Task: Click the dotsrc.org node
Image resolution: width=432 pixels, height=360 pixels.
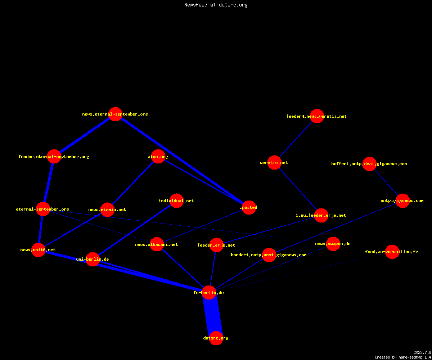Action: pyautogui.click(x=216, y=338)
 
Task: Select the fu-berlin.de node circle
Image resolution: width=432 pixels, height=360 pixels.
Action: pyautogui.click(x=209, y=293)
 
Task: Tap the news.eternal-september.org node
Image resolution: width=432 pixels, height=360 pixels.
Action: pyautogui.click(x=115, y=114)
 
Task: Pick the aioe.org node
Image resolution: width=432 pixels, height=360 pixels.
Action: pyautogui.click(x=158, y=156)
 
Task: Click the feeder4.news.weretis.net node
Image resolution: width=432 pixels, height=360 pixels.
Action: pyautogui.click(x=317, y=116)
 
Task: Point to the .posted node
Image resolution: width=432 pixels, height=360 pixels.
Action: pyautogui.click(x=249, y=207)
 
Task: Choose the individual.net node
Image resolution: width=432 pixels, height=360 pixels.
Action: pyautogui.click(x=176, y=201)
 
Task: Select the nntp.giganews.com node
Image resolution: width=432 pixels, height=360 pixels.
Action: pyautogui.click(x=402, y=201)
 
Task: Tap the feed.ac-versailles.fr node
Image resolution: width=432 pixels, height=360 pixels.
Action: pyautogui.click(x=392, y=252)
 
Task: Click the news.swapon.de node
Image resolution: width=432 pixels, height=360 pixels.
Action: pyautogui.click(x=333, y=244)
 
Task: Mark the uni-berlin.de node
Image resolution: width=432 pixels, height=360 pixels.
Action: pyautogui.click(x=93, y=259)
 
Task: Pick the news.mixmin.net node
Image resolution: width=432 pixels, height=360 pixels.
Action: pyautogui.click(x=107, y=210)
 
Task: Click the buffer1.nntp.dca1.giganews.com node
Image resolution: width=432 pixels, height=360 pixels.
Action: pyautogui.click(x=369, y=164)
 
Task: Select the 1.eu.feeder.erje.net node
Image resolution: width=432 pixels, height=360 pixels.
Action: pyautogui.click(x=321, y=215)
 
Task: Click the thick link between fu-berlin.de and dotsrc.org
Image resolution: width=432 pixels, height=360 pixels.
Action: pyautogui.click(x=213, y=315)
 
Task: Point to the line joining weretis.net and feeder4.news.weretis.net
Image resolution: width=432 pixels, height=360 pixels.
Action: pyautogui.click(x=296, y=139)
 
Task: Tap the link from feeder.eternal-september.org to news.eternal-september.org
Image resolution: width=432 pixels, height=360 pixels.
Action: pyautogui.click(x=85, y=135)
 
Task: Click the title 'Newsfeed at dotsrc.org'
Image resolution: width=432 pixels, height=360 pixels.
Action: pyautogui.click(x=216, y=5)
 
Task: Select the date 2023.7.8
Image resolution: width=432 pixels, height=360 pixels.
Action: pyautogui.click(x=422, y=352)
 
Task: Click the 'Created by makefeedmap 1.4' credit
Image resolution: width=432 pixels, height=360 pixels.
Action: pyautogui.click(x=403, y=357)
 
